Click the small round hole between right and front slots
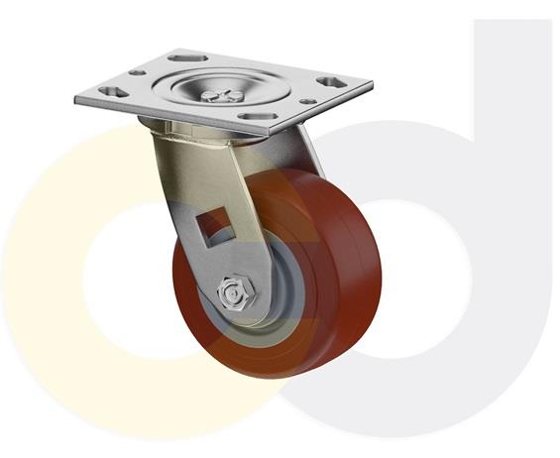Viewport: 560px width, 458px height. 308,102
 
